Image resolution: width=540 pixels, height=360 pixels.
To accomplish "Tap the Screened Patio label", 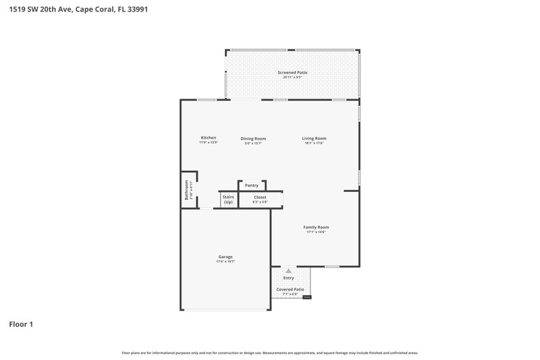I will tap(292, 72).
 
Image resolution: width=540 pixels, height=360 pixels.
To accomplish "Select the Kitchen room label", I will tap(208, 138).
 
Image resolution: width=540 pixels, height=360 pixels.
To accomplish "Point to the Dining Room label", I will tap(253, 138).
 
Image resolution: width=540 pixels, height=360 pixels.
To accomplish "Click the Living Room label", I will tap(315, 138).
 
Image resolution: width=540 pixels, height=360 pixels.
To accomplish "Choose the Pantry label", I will tap(251, 185).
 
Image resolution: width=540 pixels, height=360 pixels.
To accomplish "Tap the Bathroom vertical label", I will tap(187, 190).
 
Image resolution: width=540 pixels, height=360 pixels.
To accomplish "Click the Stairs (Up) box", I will tap(227, 200).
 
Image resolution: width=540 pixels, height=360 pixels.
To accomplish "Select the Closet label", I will tap(260, 197).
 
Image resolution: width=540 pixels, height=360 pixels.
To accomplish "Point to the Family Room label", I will tap(316, 227).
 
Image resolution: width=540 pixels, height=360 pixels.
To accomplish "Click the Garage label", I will tap(225, 257).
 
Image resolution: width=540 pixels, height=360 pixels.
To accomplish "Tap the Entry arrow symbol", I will tap(289, 271).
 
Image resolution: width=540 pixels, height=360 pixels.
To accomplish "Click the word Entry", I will tap(289, 278).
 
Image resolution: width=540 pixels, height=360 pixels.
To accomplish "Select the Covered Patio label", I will tap(290, 289).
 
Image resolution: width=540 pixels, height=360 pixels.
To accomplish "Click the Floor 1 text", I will tap(21, 324).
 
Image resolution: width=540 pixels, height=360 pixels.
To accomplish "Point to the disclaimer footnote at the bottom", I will tap(270, 353).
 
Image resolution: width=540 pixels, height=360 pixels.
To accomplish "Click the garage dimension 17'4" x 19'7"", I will tap(225, 261).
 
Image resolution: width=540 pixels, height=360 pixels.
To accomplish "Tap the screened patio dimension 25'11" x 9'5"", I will tap(292, 77).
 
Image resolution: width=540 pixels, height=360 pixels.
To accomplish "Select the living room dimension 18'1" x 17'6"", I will tap(315, 143).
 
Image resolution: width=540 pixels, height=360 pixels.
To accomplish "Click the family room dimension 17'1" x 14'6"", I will tap(316, 232).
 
